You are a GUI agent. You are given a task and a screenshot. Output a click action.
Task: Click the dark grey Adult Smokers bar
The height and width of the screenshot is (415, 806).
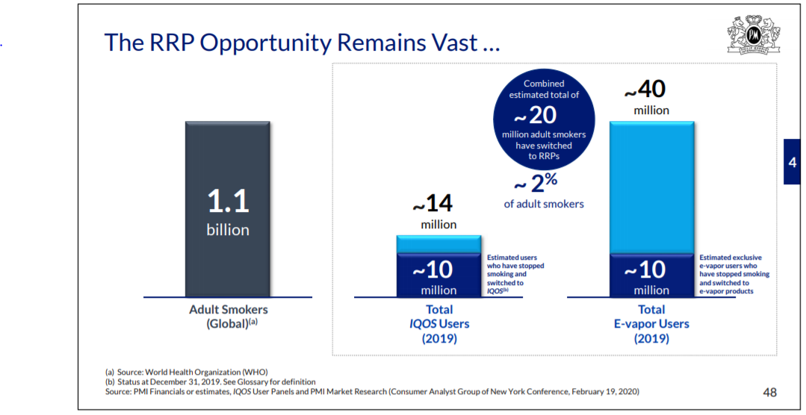point(228,209)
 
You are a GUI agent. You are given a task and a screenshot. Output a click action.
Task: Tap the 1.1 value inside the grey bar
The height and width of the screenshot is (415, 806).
point(229,201)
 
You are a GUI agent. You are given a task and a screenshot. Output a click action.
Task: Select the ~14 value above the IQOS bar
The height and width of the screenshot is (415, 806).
point(433,203)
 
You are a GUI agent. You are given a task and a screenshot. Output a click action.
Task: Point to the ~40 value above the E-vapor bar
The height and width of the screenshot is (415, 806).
point(645,90)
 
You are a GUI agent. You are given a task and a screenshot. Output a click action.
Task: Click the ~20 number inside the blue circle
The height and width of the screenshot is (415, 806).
point(535,116)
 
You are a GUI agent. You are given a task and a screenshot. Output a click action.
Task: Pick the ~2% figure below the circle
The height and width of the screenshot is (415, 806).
point(536,184)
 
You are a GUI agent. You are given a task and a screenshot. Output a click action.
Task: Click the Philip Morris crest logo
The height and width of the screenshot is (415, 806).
point(754,34)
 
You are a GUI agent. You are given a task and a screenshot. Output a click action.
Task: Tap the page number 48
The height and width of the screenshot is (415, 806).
point(769,393)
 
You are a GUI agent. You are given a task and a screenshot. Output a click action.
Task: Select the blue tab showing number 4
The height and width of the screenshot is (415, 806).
point(792,162)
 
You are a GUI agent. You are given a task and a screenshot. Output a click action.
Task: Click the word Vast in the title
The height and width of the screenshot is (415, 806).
point(454,42)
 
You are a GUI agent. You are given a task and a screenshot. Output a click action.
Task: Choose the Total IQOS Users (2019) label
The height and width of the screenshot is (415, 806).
point(439,324)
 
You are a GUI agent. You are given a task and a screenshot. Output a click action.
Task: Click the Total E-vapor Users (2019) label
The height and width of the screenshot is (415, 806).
point(651,324)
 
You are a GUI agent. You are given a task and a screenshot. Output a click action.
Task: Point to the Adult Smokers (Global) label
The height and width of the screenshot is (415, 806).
point(229,317)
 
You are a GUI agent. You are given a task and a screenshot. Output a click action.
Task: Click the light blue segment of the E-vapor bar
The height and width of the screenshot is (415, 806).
point(652,187)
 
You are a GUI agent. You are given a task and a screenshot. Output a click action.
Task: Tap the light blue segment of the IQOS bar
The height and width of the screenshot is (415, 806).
point(438,245)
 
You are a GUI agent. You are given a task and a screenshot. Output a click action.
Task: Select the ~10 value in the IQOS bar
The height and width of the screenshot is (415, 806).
point(433,269)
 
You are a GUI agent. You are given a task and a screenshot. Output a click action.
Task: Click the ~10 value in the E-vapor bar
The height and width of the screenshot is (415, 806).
point(645,269)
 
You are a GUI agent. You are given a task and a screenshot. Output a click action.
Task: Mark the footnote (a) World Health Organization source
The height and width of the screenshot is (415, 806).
point(187,372)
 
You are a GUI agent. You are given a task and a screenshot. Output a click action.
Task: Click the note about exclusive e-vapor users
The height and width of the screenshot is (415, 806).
point(734,274)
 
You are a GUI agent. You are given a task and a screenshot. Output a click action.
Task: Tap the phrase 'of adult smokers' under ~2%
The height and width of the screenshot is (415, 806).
point(544,204)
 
